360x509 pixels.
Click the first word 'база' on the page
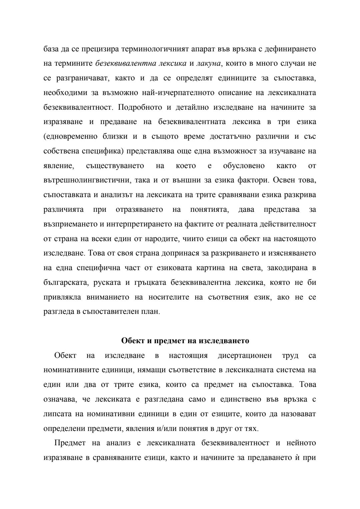click(51, 49)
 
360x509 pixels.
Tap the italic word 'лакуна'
click(209, 63)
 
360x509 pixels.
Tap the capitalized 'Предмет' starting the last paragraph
click(70, 443)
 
